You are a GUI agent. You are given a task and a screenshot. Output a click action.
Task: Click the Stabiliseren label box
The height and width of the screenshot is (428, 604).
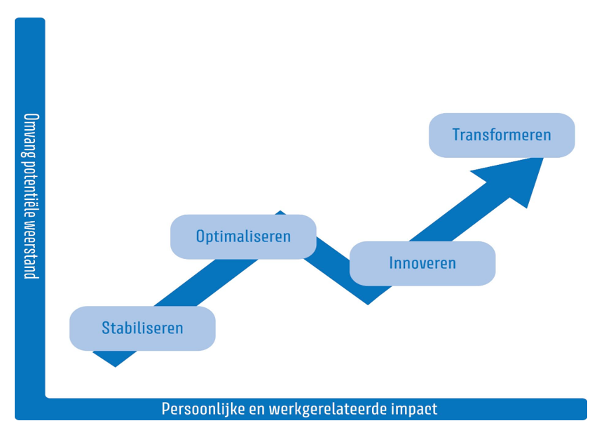pyautogui.click(x=142, y=328)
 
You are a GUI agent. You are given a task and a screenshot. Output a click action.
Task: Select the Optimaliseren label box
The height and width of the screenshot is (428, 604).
pyautogui.click(x=243, y=236)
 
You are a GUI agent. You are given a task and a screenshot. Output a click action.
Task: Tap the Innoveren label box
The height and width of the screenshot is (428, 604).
pyautogui.click(x=422, y=264)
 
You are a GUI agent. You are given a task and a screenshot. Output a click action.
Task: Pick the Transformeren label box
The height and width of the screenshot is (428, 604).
pyautogui.click(x=502, y=135)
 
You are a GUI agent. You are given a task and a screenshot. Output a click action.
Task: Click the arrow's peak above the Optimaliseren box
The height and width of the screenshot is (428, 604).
pyautogui.click(x=280, y=212)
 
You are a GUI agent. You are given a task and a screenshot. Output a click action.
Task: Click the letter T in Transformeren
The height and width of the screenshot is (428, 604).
pyautogui.click(x=456, y=135)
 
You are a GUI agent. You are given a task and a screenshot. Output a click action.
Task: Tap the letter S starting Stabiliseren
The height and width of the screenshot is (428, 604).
pyautogui.click(x=106, y=328)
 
